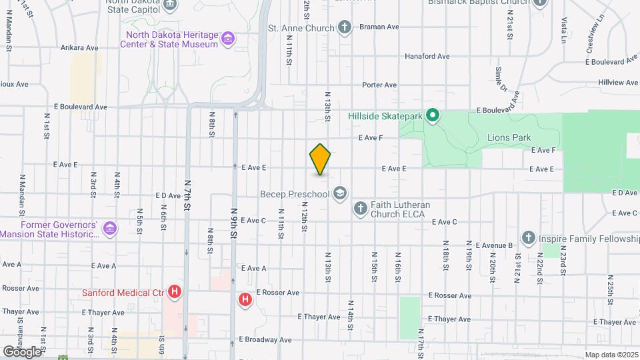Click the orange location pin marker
point(320,159)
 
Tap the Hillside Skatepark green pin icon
point(432,116)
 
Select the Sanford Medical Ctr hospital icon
point(175,291)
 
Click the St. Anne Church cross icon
point(344,28)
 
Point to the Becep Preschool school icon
point(340,194)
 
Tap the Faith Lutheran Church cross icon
point(360,209)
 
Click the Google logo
point(22,351)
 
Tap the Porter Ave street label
point(379,85)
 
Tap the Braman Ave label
point(379,27)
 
